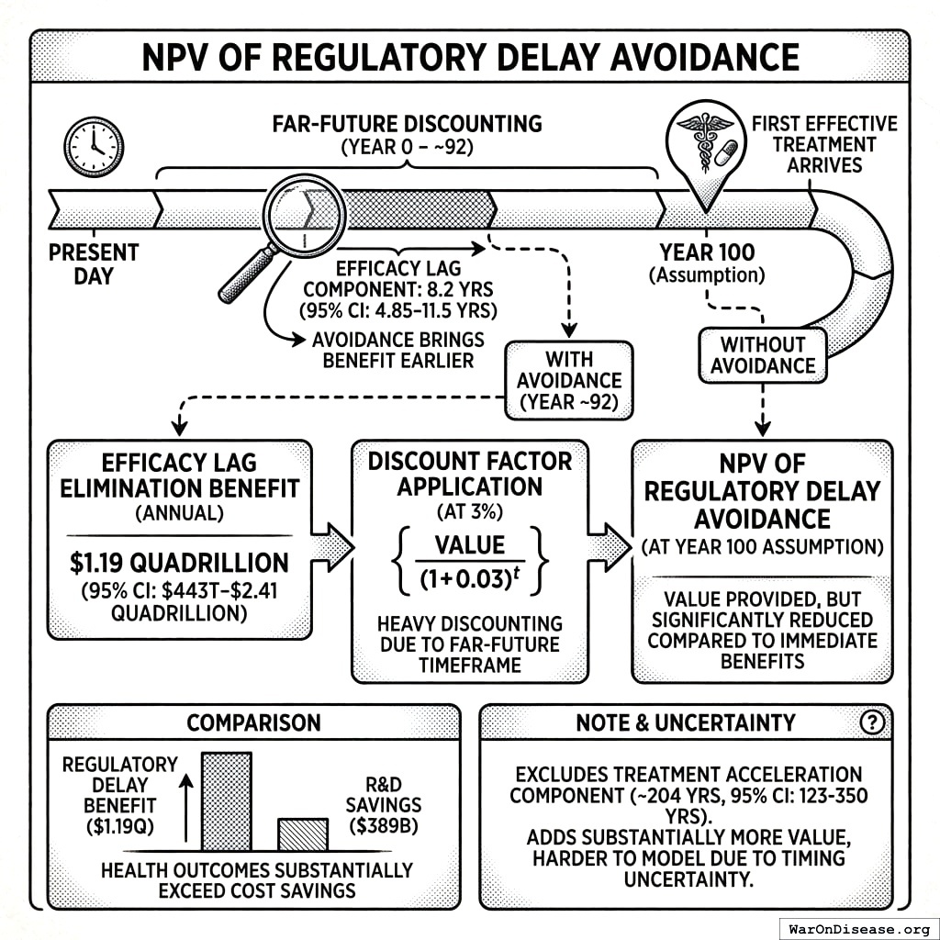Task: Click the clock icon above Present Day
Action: tap(92, 147)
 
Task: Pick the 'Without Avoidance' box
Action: tap(762, 355)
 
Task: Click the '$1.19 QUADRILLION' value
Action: tap(179, 562)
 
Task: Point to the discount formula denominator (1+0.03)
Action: tap(469, 580)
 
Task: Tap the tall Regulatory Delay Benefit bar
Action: tap(226, 800)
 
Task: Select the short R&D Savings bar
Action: tap(303, 834)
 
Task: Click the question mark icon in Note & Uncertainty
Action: tap(871, 722)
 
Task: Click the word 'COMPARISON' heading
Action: tap(253, 722)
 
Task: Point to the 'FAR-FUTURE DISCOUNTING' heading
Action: tap(408, 123)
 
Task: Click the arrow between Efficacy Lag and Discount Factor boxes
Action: tap(331, 549)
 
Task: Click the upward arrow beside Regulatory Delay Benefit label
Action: tap(187, 808)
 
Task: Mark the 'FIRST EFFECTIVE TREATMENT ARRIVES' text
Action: tap(824, 144)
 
